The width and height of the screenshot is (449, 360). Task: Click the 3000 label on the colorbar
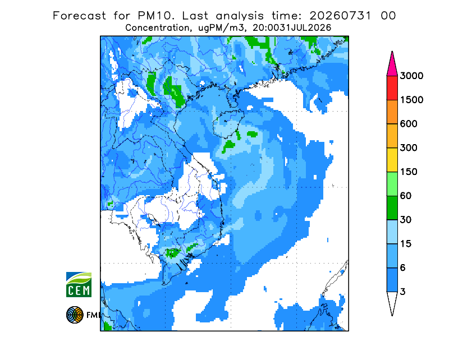(x=411, y=76)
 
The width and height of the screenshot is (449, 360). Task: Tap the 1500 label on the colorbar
(x=411, y=100)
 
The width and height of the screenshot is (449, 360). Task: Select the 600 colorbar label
(x=409, y=124)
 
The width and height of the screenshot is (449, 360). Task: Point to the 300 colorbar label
(x=409, y=148)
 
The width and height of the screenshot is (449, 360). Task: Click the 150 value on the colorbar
(x=409, y=172)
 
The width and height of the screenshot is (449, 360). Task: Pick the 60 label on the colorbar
(x=406, y=196)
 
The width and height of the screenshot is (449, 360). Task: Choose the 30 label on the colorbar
(x=406, y=220)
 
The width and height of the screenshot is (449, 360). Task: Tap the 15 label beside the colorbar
(x=406, y=244)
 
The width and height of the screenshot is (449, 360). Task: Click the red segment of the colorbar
(x=392, y=88)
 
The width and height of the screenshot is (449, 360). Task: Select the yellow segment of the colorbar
(x=392, y=160)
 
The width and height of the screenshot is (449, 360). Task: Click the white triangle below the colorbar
(x=392, y=302)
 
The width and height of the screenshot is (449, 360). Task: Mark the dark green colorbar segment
(x=392, y=208)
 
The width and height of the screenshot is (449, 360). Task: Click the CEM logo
(x=79, y=284)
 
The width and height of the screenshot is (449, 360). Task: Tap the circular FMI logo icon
(x=75, y=315)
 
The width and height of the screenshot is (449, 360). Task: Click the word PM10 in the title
(x=155, y=16)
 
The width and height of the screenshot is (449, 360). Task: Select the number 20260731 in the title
(x=341, y=16)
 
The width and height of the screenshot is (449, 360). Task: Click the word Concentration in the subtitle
(x=158, y=28)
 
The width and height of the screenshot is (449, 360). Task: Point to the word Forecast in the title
(x=79, y=16)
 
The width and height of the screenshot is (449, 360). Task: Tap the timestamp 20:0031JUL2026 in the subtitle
(x=292, y=28)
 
